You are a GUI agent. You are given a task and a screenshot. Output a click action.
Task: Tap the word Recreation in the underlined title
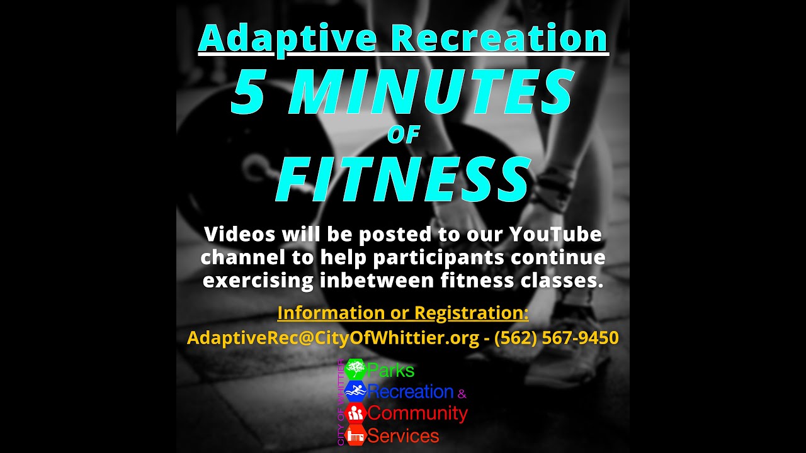pos(499,38)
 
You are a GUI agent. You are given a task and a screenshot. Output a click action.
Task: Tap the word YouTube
pos(555,235)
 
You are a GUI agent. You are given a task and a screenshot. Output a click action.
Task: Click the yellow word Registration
pos(471,313)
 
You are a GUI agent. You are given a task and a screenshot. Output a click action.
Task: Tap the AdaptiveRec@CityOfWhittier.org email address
pos(333,338)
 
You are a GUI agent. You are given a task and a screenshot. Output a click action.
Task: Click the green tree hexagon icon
pos(355,369)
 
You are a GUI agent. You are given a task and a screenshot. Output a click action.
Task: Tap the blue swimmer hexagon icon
pos(355,391)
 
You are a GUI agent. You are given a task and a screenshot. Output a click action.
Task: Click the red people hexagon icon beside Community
pos(355,413)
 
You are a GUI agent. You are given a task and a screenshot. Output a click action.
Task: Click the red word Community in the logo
pos(417,413)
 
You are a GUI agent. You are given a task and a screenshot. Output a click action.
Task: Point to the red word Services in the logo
pos(403,435)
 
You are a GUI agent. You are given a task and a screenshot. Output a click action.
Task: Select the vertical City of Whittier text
pos(341,403)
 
